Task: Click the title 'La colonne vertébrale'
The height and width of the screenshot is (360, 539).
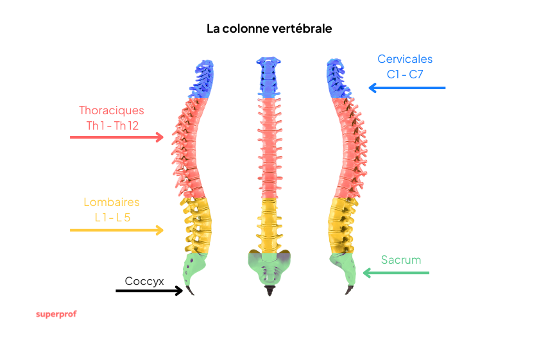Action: pyautogui.click(x=269, y=29)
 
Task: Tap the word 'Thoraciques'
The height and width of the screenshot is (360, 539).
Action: pyautogui.click(x=112, y=110)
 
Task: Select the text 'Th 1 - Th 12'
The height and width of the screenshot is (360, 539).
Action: pyautogui.click(x=112, y=125)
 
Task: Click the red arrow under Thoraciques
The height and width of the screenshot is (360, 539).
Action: pyautogui.click(x=117, y=137)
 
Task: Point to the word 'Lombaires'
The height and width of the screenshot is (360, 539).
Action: pyautogui.click(x=112, y=202)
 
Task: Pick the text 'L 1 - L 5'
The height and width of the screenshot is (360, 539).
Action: pyautogui.click(x=112, y=217)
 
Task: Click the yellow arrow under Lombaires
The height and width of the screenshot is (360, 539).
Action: pyautogui.click(x=117, y=230)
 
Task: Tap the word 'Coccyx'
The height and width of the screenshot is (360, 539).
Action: pyautogui.click(x=144, y=281)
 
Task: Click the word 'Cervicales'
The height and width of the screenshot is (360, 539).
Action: pyautogui.click(x=405, y=59)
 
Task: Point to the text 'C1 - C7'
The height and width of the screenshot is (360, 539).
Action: pyautogui.click(x=405, y=74)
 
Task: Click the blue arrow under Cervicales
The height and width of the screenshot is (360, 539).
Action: pyautogui.click(x=406, y=88)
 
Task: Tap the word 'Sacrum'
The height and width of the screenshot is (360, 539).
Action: pyautogui.click(x=401, y=260)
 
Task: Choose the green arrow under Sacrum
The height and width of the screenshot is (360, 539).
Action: pyautogui.click(x=395, y=273)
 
